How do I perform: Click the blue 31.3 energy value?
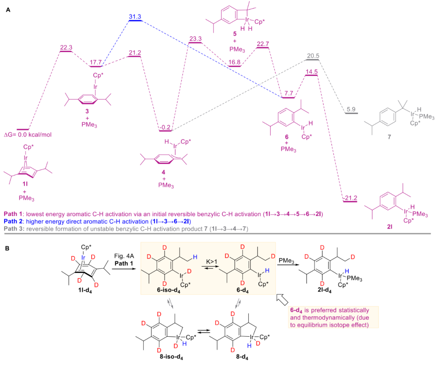click(x=134, y=15)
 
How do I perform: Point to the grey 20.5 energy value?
click(x=312, y=55)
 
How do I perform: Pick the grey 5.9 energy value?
click(x=350, y=109)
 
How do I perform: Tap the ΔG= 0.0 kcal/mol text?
click(x=30, y=134)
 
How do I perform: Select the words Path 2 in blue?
click(x=13, y=221)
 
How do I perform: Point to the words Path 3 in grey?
click(x=13, y=229)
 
